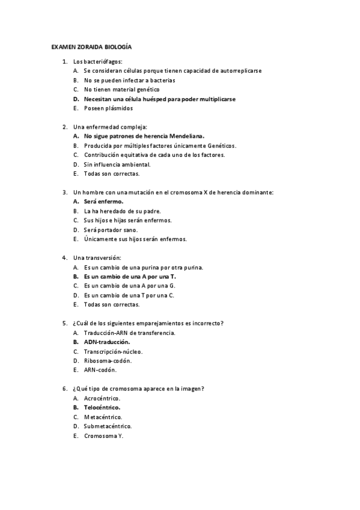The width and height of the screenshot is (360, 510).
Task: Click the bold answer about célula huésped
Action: click(x=159, y=99)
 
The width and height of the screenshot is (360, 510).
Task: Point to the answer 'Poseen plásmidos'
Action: click(x=108, y=108)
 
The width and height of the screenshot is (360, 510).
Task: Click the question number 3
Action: click(x=64, y=192)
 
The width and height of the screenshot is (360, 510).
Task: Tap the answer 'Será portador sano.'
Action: click(x=111, y=230)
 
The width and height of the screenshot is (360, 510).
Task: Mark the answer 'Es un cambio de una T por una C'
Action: click(x=129, y=295)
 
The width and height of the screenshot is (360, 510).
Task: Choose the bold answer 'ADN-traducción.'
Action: click(x=107, y=342)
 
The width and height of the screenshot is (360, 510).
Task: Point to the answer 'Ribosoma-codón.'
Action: click(x=108, y=361)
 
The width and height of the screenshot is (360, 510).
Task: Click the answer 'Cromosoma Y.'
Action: click(x=103, y=435)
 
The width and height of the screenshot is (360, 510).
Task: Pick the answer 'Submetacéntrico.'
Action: click(x=108, y=426)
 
